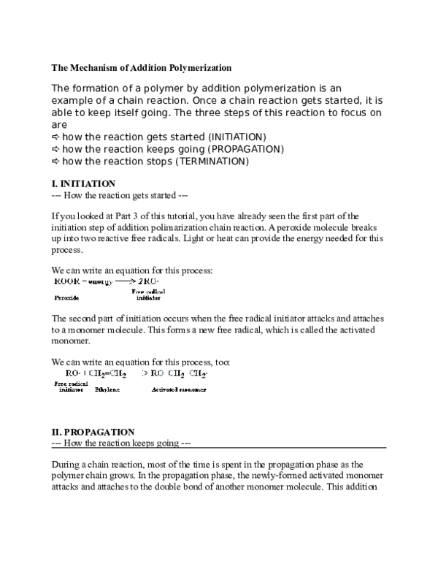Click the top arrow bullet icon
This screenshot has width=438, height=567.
55,137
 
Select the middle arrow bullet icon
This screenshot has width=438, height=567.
55,148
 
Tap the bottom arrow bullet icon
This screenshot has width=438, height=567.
55,160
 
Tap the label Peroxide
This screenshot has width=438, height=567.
66,298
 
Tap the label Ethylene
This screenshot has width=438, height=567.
107,389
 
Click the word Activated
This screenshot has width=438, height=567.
166,389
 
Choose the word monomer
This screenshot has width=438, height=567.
194,389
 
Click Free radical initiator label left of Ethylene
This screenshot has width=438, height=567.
71,387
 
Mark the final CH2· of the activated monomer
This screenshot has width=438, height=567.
198,373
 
